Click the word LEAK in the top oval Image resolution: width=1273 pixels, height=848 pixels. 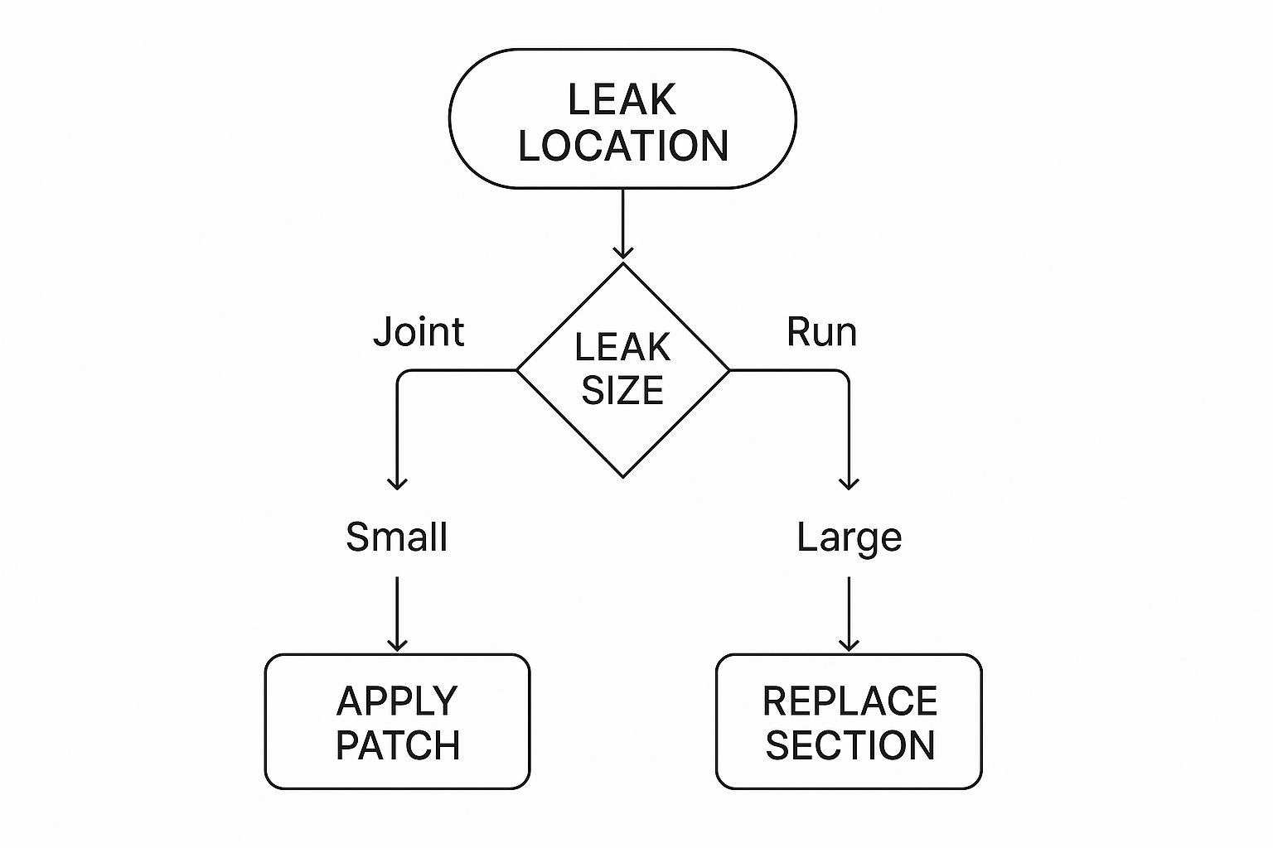point(622,99)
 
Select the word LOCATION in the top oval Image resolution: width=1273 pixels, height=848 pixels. point(623,146)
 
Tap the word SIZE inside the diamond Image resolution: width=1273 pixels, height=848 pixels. point(622,390)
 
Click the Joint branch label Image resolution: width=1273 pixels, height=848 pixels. point(419,332)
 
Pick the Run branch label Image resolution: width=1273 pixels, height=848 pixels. point(821,332)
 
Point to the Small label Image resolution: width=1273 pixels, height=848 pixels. point(396,537)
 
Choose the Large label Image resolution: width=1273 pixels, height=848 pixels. point(849,537)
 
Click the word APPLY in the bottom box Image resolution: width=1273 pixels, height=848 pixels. point(397,701)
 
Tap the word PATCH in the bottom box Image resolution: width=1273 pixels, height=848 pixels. point(398,745)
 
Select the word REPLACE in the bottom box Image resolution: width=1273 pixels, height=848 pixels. point(849,701)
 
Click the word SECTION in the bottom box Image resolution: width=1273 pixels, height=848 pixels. point(849,745)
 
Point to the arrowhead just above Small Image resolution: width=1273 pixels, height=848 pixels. point(398,484)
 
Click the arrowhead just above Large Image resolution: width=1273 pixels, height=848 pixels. point(849,484)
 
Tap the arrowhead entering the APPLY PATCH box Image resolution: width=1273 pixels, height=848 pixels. point(398,644)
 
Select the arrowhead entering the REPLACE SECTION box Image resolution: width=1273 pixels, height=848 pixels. point(849,644)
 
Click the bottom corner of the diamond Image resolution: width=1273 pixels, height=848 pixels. point(622,477)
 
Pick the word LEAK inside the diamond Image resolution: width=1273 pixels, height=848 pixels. point(622,347)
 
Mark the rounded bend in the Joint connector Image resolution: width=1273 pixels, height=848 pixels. point(402,374)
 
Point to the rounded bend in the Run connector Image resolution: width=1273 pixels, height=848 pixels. point(844,374)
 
